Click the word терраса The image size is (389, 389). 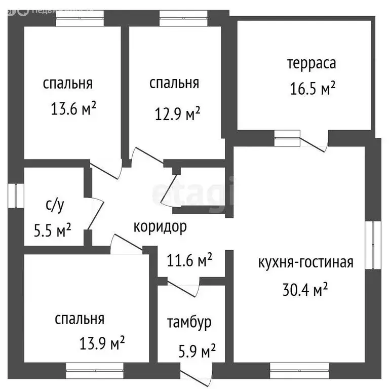(312, 63)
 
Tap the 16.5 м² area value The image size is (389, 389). (313, 88)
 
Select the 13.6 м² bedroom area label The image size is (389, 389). (73, 108)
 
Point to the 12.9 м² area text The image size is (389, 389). (177, 113)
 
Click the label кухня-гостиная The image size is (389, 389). (306, 262)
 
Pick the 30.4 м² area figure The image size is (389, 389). (305, 289)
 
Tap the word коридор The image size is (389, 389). (160, 227)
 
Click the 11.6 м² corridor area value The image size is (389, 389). (189, 260)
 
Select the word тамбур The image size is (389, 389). (189, 323)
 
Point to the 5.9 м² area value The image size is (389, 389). (197, 351)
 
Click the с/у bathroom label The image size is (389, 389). (55, 205)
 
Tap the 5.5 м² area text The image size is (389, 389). (52, 230)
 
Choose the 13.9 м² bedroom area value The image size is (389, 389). (102, 343)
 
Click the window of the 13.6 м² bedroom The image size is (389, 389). (80, 18)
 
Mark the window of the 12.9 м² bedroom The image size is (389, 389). (183, 18)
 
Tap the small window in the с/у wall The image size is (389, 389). (16, 196)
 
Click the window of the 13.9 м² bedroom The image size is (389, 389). (95, 371)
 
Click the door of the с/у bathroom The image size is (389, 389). (96, 213)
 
